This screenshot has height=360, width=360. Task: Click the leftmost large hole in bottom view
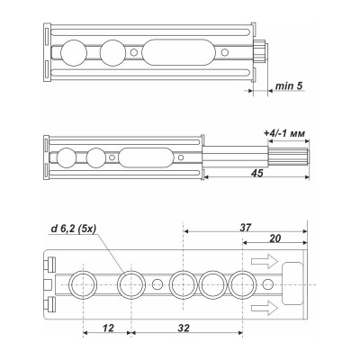pyautogui.click(x=83, y=285)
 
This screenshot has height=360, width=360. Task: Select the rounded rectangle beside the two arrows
pyautogui.click(x=294, y=274)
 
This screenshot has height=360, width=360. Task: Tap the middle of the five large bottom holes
pyautogui.click(x=183, y=285)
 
